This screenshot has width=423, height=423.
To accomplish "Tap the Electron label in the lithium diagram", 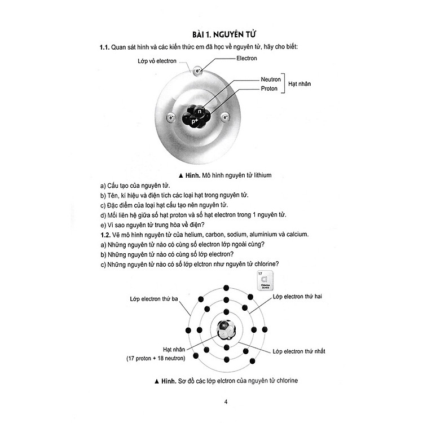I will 246,58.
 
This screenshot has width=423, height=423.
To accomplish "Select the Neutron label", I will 271,80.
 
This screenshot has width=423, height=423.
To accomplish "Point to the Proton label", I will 269,89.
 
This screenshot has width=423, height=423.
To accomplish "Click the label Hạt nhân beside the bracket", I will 299,84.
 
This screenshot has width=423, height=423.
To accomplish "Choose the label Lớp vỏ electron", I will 157,60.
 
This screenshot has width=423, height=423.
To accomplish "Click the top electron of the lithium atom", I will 198,71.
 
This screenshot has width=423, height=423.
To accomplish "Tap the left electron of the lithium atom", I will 171,117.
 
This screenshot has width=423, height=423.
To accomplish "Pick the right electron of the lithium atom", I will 225,117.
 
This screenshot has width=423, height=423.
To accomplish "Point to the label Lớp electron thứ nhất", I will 299,351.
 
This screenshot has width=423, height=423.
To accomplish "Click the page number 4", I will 225,402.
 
